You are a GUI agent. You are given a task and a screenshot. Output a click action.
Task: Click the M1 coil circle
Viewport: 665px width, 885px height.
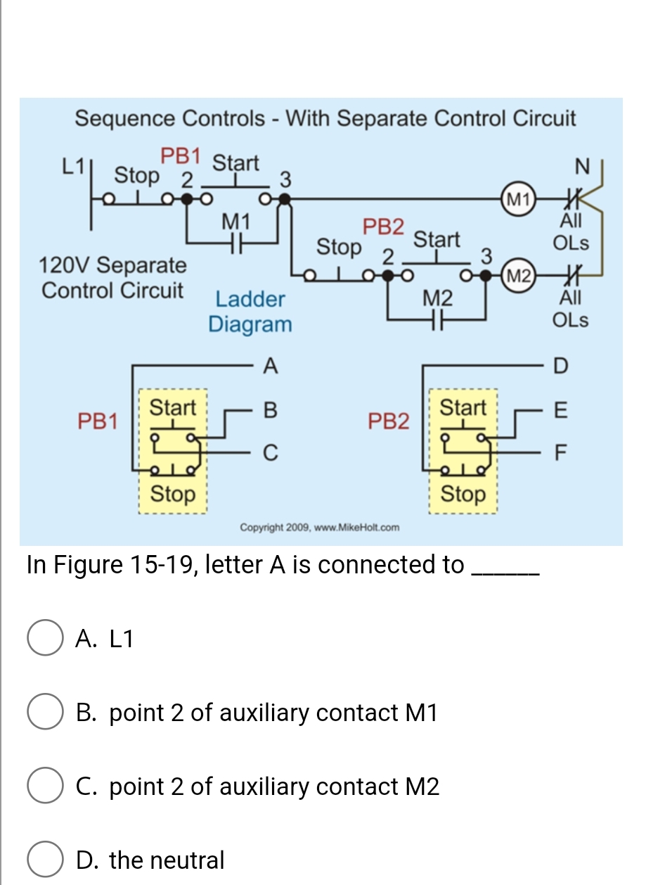(517, 197)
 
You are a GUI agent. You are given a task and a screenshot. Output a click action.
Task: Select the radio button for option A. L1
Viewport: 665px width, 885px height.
(44, 639)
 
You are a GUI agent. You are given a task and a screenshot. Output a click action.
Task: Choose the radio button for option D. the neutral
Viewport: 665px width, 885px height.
(44, 860)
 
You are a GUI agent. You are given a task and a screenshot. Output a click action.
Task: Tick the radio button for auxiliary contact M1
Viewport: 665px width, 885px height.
(44, 713)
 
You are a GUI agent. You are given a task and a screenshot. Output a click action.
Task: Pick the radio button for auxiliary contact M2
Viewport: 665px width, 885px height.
(44, 786)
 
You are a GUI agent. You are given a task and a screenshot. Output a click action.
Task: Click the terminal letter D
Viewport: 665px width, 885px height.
(560, 366)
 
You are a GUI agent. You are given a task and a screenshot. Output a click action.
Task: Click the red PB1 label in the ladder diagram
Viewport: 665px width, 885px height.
(181, 155)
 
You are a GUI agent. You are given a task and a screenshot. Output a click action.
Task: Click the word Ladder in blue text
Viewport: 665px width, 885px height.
(250, 299)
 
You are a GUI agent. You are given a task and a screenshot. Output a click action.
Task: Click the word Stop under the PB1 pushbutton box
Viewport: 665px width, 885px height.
(173, 494)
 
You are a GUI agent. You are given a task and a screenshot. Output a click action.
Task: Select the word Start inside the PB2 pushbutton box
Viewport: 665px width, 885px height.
(462, 407)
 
